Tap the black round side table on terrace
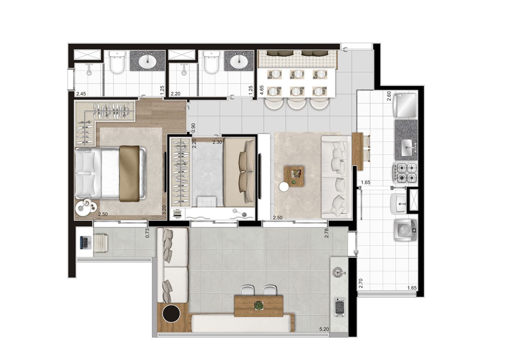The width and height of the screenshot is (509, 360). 171,314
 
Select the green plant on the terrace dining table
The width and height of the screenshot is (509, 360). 259,306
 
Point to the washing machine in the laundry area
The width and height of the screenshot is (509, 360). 406,230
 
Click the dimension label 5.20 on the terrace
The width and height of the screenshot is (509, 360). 324,329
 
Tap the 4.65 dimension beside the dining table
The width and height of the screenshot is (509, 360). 262,90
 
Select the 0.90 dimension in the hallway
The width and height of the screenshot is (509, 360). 193,127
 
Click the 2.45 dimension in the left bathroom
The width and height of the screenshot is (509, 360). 81,94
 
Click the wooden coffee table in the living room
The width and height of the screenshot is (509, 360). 294,176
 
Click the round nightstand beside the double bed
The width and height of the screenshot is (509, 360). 86,207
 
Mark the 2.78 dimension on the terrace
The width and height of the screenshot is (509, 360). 327,233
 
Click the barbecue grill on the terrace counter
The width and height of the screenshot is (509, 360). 339,306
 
